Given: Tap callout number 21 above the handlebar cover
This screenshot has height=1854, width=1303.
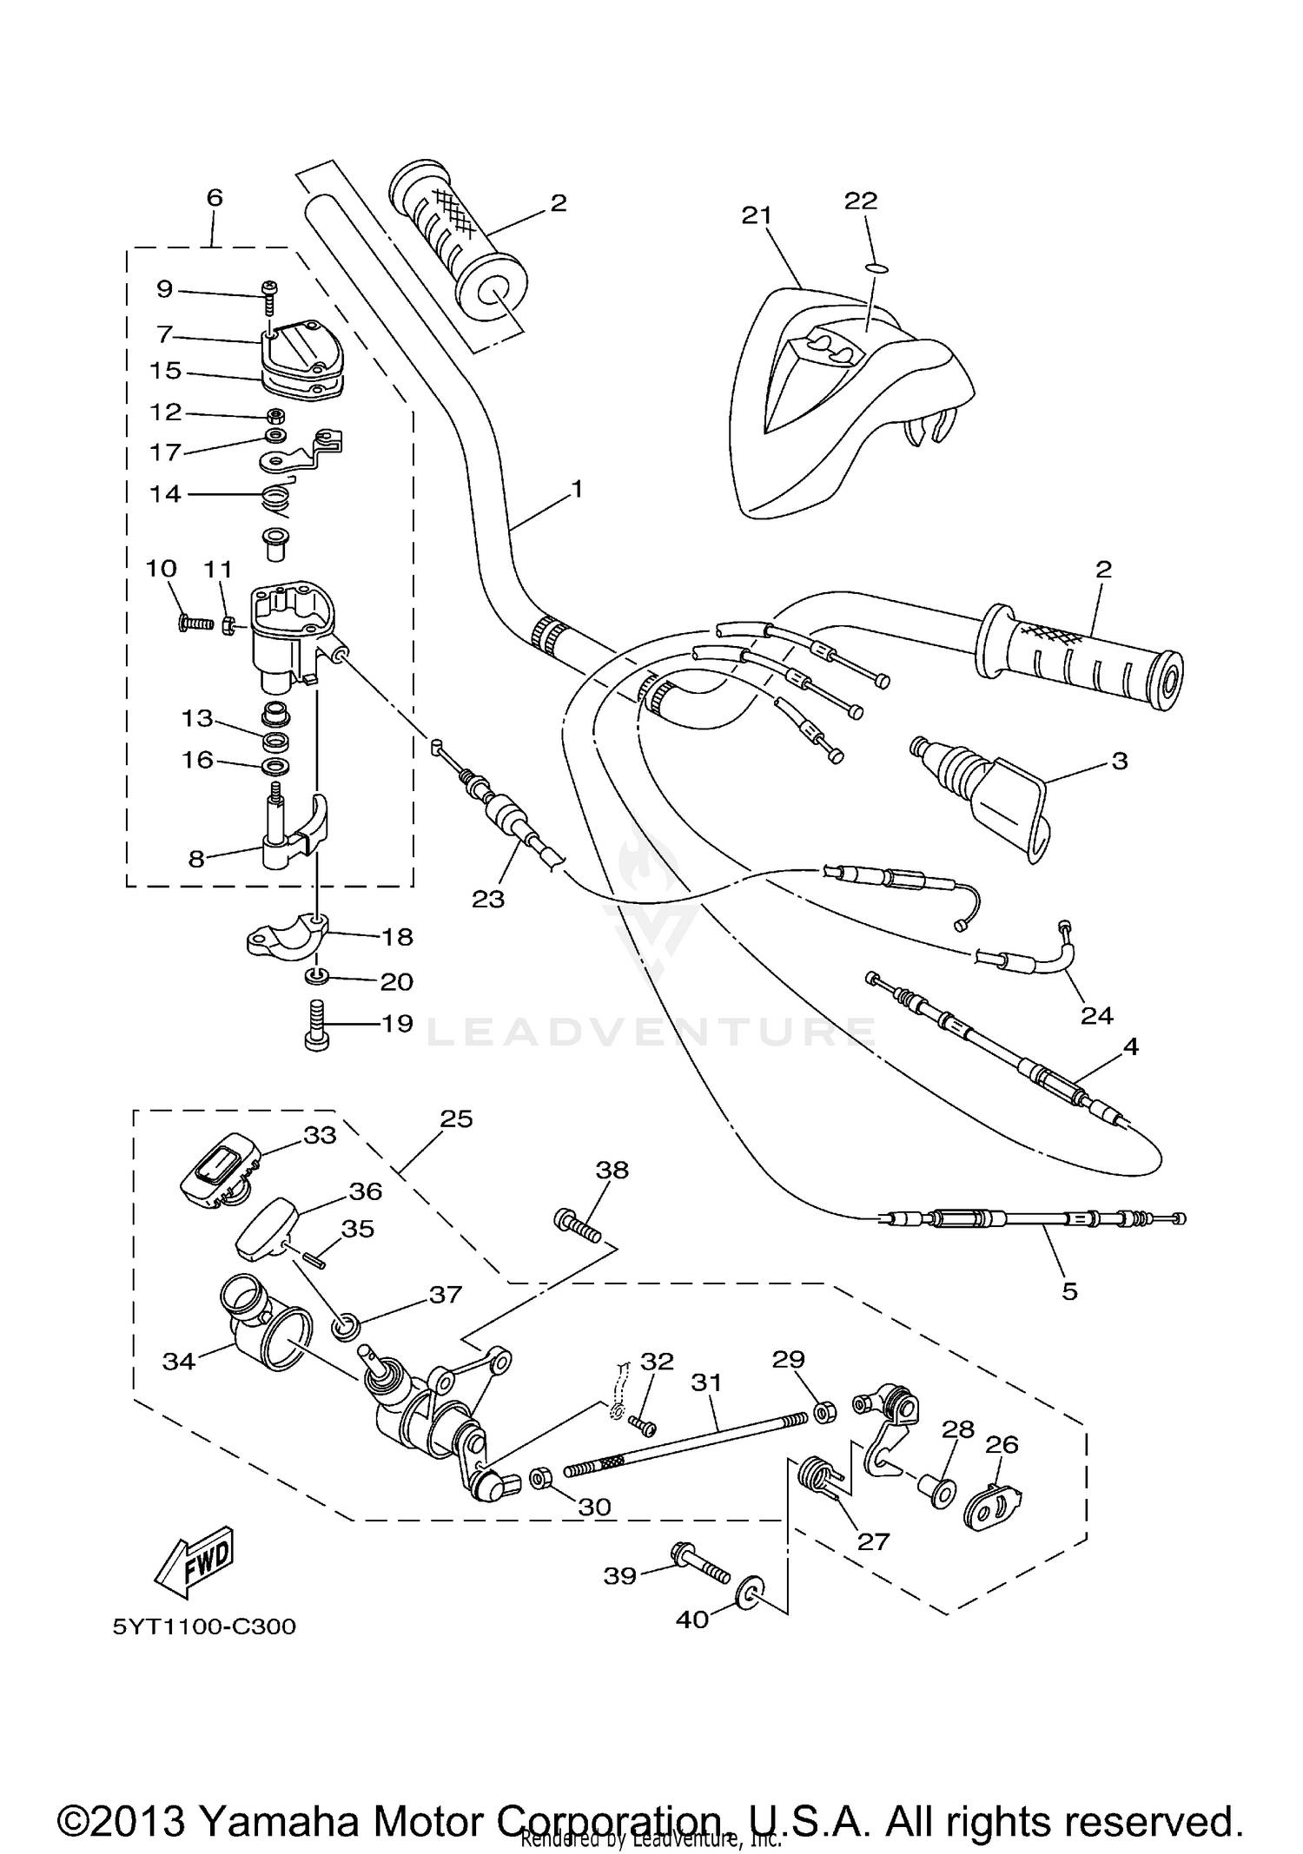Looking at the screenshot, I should click(757, 215).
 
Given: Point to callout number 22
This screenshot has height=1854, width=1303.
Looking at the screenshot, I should click(861, 201).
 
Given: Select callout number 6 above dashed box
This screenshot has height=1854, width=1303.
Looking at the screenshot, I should click(215, 197).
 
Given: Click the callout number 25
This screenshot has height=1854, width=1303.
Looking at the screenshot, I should click(456, 1118).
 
